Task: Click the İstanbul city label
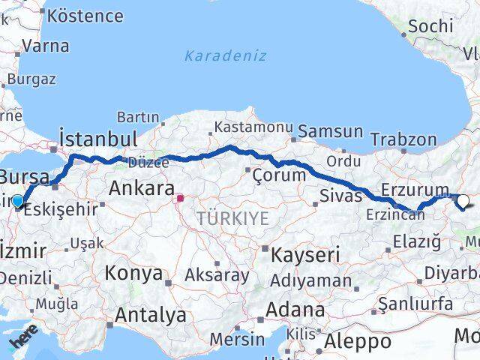(x=97, y=140)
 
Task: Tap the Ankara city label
(x=142, y=188)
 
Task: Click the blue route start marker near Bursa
(x=18, y=201)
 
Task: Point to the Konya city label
(x=133, y=273)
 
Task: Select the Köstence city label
(x=84, y=15)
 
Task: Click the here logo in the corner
(x=22, y=340)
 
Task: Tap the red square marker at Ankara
(x=180, y=199)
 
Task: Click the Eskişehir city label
(x=61, y=209)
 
